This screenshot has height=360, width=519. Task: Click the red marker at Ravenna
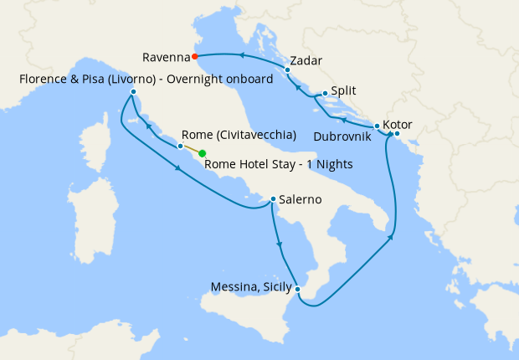tap(194, 57)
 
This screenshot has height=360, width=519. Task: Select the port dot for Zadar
tap(288, 69)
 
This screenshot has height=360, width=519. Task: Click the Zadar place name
tap(306, 61)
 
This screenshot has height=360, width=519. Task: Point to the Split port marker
tap(324, 94)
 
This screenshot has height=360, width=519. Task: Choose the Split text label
tap(345, 90)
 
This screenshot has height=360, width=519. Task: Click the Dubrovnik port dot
tap(378, 126)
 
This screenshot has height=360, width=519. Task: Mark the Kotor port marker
tap(397, 134)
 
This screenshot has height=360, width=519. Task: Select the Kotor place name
tap(398, 124)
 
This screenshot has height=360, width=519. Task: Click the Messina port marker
tap(298, 290)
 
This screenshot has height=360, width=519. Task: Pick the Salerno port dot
tap(273, 199)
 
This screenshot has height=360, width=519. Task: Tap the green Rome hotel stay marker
tap(203, 153)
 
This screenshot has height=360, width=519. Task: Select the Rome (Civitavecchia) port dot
tap(180, 147)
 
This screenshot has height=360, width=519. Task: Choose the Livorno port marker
tap(134, 90)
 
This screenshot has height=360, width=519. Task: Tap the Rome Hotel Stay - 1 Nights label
tap(278, 164)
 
